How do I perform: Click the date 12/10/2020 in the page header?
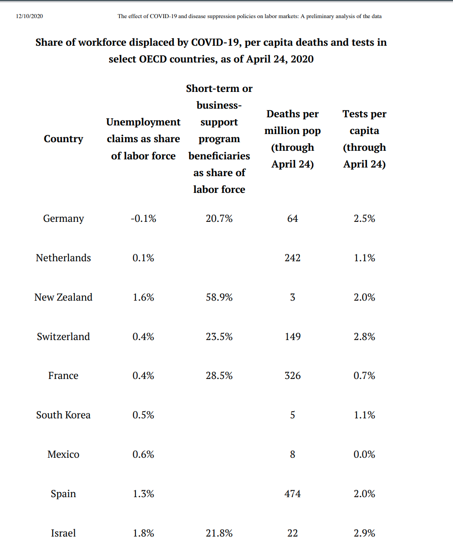point(29,16)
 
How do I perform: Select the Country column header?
point(63,139)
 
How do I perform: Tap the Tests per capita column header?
point(365,139)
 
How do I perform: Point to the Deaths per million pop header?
point(293,139)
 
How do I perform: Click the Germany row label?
point(63,219)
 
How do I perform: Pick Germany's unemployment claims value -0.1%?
point(143,219)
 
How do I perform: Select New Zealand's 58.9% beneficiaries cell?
point(219,297)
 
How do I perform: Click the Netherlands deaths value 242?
point(293,258)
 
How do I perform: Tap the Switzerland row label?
point(63,337)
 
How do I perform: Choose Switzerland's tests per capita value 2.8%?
point(365,337)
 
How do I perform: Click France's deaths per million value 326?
point(293,376)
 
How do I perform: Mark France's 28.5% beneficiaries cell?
point(219,376)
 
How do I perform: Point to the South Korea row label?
point(63,415)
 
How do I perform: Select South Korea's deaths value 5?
point(293,415)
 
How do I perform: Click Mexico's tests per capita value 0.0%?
point(365,455)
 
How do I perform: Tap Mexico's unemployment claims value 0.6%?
point(143,455)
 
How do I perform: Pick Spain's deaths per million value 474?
point(293,494)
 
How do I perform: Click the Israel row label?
point(63,533)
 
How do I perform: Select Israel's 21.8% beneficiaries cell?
point(219,533)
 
